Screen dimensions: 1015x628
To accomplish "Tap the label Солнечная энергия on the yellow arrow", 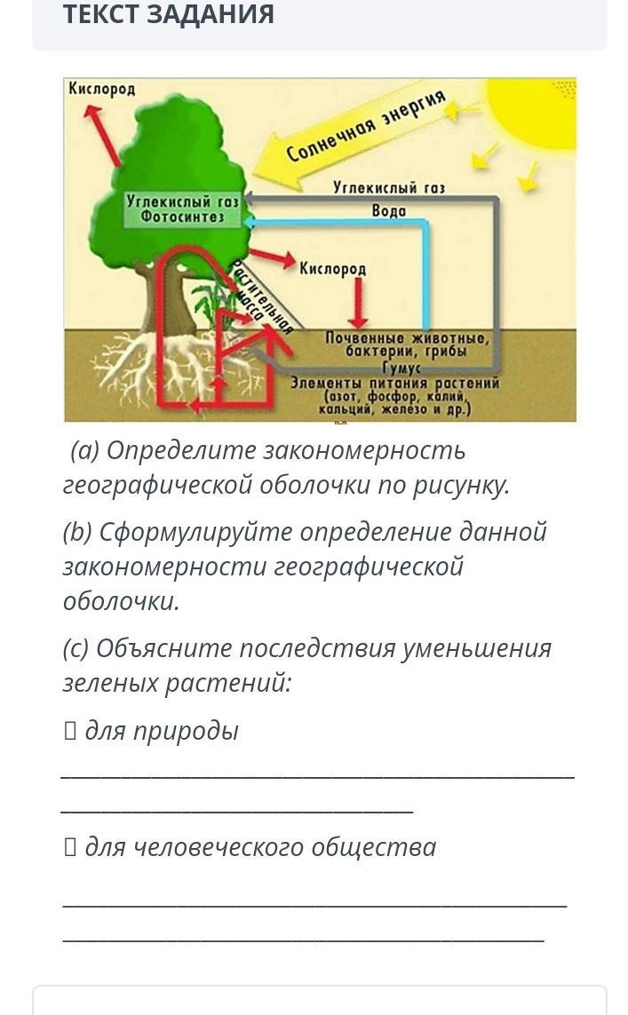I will (366, 129).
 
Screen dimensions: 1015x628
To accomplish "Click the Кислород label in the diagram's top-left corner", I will (101, 89).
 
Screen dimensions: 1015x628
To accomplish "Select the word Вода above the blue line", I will (388, 210).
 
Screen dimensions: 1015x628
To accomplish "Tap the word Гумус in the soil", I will (401, 368).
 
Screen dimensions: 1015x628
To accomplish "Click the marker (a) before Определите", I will (85, 451).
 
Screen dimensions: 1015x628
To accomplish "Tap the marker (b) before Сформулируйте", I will (78, 533).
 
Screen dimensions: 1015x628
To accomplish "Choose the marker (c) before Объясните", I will (76, 648).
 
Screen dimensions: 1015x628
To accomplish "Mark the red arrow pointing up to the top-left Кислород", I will (102, 133).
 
